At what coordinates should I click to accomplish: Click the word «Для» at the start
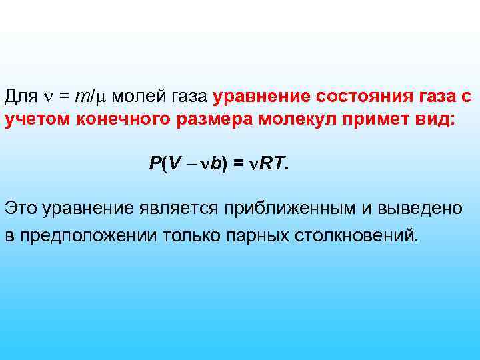point(21,97)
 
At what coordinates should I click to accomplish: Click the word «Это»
point(21,208)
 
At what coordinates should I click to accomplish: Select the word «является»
point(178,209)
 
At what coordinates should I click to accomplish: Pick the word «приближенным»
point(286,209)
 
